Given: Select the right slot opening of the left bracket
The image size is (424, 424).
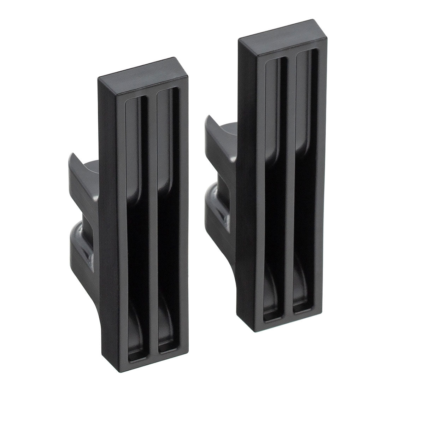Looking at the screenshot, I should [x=169, y=212].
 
